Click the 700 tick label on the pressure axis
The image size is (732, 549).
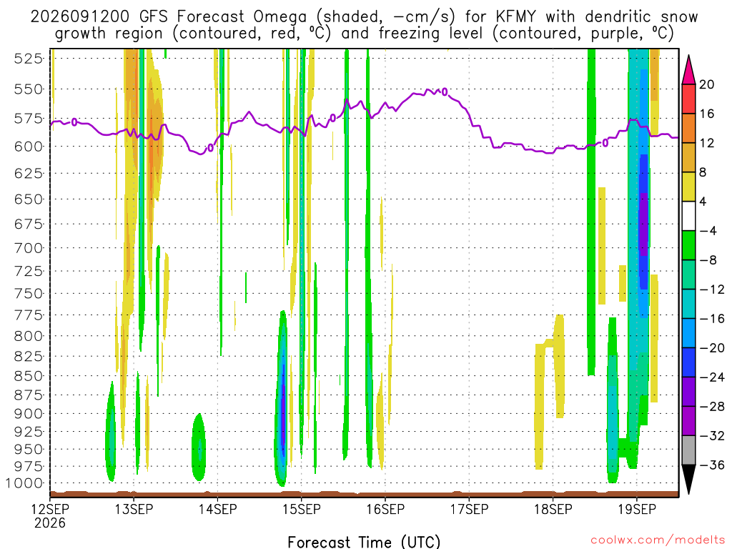tap(29, 248)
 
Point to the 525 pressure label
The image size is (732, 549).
tap(29, 59)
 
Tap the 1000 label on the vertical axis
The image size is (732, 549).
tap(25, 483)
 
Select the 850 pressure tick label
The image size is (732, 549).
tap(29, 376)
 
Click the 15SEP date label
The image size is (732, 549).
tap(302, 509)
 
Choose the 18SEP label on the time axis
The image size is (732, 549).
tap(553, 509)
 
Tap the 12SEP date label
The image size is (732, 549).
tap(50, 509)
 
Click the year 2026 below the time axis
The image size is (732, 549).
tap(50, 523)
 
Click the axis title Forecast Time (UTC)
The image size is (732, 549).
tap(364, 542)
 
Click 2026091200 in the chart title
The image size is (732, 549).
tap(80, 17)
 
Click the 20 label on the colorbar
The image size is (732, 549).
tap(707, 84)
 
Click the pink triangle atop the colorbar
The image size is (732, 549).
tap(688, 70)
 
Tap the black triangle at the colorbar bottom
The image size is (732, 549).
tap(688, 479)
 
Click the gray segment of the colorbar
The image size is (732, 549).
tap(688, 450)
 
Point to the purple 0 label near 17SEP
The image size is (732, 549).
tap(445, 92)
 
